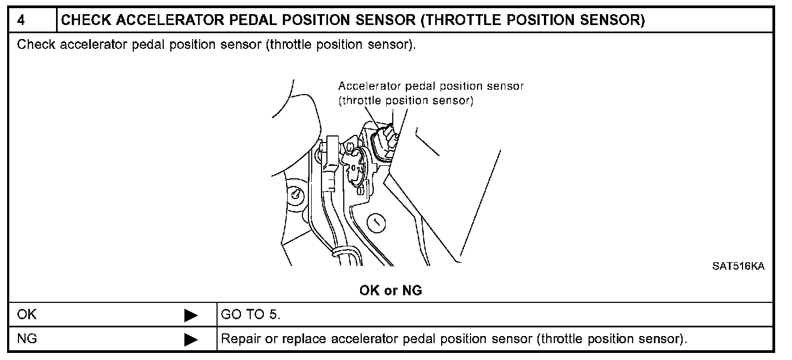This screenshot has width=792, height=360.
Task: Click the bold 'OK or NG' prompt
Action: pos(391,291)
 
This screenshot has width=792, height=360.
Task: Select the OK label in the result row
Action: pos(27,314)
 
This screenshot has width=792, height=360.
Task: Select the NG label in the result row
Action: pos(27,339)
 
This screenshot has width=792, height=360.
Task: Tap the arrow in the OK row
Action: pos(191,315)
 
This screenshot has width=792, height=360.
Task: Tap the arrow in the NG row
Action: pos(191,340)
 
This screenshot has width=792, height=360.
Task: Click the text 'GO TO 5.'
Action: pos(251,314)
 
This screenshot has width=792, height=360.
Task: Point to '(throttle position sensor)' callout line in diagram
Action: pos(405,101)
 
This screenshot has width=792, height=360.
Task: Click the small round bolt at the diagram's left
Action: pos(295,194)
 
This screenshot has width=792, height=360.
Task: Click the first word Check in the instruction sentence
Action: pos(36,45)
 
